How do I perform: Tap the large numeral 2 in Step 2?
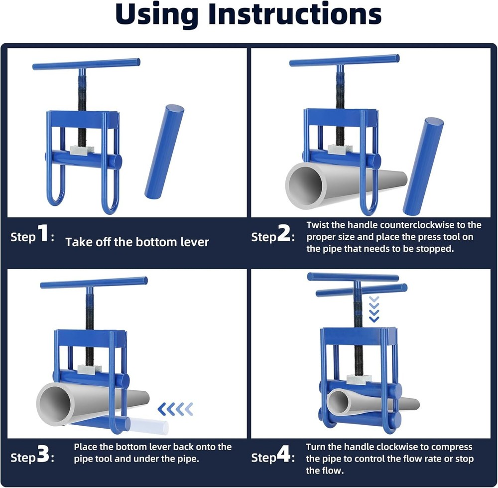tap(285, 235)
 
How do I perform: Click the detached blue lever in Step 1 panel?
tap(164, 152)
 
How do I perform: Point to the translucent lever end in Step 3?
tap(149, 426)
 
